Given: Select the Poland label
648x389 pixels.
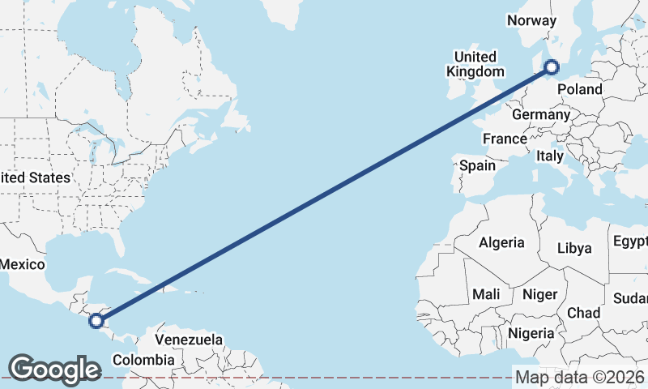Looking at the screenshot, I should tap(580, 89).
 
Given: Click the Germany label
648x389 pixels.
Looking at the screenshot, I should tap(541, 115).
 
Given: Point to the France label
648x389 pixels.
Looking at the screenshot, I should tap(505, 139).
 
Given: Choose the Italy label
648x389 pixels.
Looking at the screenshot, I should tap(550, 156).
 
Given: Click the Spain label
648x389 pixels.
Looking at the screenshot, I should tap(477, 165).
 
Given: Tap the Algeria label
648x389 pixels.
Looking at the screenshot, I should tap(501, 242).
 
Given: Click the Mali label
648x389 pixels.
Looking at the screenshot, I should tap(486, 294).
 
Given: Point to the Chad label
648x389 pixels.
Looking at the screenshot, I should tap(584, 313).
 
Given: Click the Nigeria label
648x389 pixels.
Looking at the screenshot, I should tap(531, 333).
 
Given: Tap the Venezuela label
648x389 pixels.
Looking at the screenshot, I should tap(188, 339).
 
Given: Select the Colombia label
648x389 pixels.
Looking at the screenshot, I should tap(143, 360).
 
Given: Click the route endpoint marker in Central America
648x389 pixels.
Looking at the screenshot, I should tap(96, 321).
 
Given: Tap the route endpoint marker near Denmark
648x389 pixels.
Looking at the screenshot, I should tap(552, 68).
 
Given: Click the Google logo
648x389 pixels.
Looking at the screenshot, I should tap(54, 369).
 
